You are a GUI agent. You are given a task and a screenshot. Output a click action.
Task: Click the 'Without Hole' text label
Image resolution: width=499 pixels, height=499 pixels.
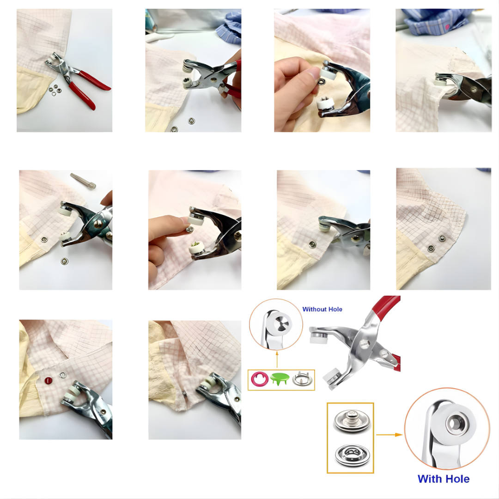322,309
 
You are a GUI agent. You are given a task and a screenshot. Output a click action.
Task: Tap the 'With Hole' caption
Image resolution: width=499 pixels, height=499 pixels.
444,479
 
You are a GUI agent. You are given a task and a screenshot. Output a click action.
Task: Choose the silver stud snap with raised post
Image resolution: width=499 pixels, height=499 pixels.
350,421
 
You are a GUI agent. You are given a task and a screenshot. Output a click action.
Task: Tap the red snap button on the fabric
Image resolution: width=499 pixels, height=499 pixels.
48,380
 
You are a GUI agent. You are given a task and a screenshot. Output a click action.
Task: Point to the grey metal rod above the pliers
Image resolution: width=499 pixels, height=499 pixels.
83,181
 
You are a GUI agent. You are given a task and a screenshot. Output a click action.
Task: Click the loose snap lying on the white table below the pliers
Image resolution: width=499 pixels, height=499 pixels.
64,261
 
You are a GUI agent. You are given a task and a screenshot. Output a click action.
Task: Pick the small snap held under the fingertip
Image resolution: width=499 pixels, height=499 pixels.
189,229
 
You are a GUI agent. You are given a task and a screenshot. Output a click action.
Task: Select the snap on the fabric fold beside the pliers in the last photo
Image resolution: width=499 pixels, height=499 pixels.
184,394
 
